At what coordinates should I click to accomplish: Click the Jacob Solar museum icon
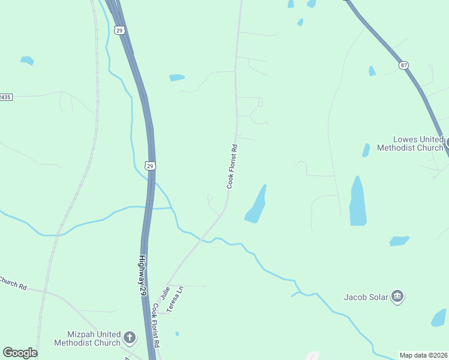397,296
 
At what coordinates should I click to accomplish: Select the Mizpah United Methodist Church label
87,338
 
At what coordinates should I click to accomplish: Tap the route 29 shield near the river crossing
150,165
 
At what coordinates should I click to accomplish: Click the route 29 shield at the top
119,29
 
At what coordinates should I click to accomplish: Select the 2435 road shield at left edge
5,97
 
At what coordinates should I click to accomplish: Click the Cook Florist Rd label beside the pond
232,166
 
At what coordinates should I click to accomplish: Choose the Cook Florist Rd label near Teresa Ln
156,326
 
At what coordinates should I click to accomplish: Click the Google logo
20,353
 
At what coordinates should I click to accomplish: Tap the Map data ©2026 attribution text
424,355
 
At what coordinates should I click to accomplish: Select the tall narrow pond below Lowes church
358,202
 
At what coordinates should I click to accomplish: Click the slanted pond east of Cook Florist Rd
256,205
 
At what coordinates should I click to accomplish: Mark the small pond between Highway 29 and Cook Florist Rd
176,77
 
